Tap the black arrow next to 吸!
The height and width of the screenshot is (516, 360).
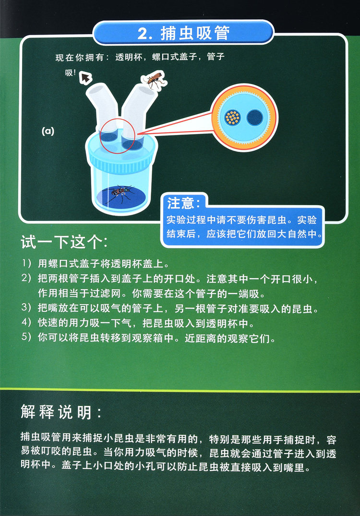click(x=86, y=77)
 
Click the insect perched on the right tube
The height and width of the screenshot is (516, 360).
click(x=154, y=79)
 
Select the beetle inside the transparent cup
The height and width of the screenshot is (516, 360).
click(x=121, y=194)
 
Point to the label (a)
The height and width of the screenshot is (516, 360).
click(x=48, y=132)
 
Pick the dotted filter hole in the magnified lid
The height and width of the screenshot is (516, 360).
click(x=233, y=118)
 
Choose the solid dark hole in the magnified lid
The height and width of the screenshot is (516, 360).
click(x=255, y=118)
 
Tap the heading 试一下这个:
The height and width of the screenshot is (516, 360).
click(x=64, y=242)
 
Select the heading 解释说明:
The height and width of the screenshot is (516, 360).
click(x=61, y=411)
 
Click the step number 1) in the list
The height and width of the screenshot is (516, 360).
click(x=26, y=263)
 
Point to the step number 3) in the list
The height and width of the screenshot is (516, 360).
click(x=26, y=307)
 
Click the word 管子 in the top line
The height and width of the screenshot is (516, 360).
click(x=216, y=57)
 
